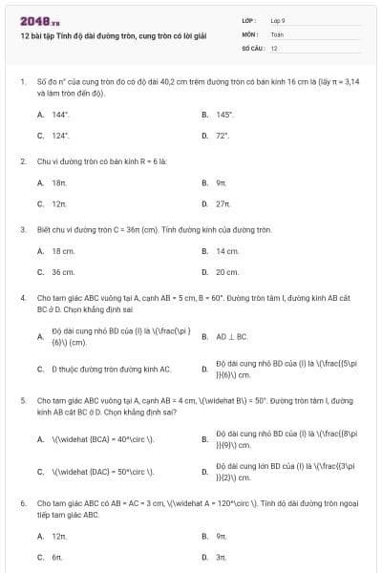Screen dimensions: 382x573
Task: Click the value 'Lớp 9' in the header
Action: [278, 19]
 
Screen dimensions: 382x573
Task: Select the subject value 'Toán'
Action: [277, 33]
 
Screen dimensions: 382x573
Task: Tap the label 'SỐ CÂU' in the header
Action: [252, 47]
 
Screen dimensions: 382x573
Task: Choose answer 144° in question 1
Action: [59, 114]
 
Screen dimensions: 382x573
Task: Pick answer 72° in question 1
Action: [223, 136]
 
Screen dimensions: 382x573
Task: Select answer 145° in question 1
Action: [224, 114]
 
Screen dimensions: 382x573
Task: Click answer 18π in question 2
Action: [58, 182]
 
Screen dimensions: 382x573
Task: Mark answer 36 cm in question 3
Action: [63, 272]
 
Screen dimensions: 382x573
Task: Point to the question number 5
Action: [22, 402]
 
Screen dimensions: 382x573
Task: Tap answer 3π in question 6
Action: [221, 556]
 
